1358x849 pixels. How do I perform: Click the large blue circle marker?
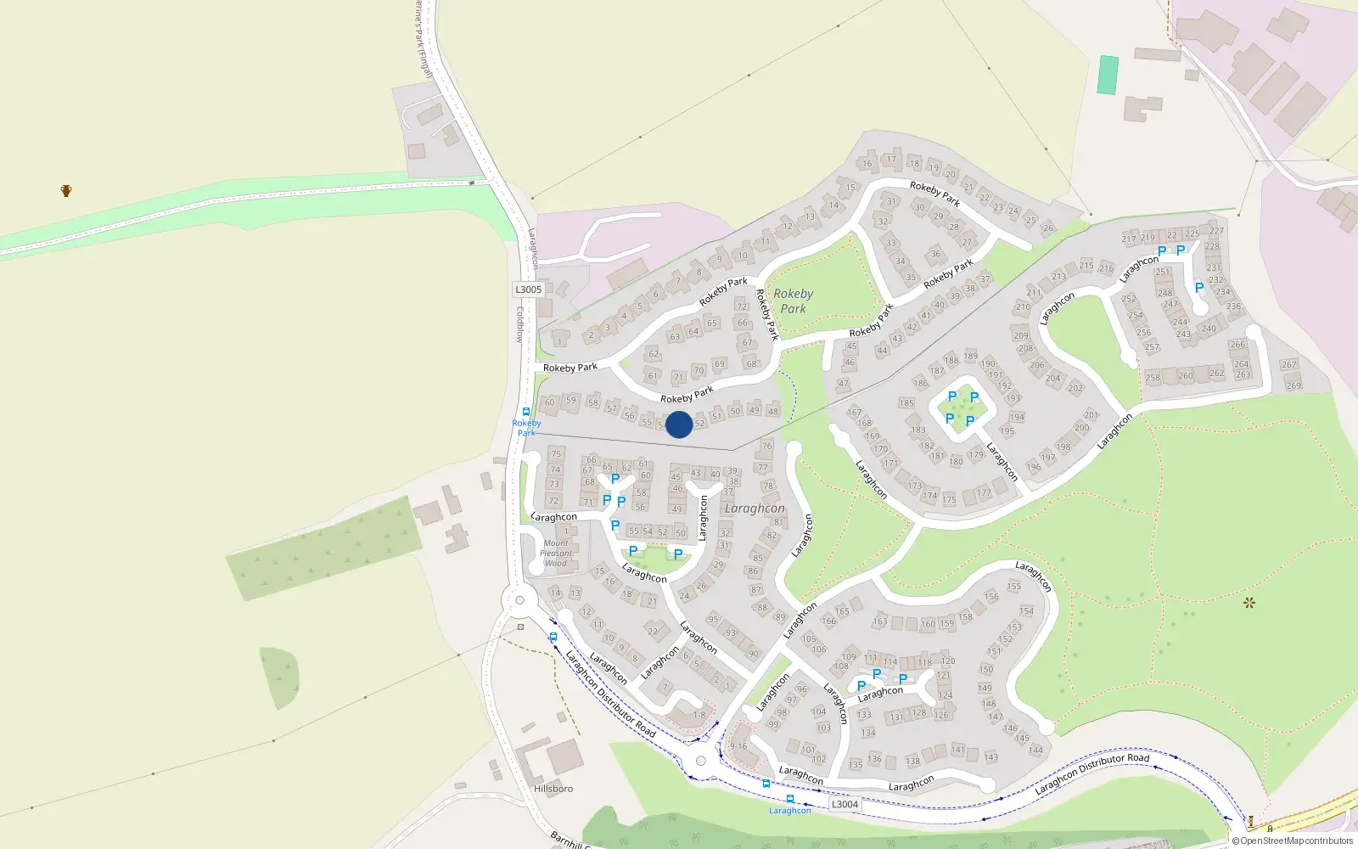pos(679,424)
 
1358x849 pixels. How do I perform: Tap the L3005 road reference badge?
pos(528,290)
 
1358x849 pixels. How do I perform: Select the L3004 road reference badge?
pos(845,804)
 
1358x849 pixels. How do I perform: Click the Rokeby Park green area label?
pos(794,301)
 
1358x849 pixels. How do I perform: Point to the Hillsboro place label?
pos(553,789)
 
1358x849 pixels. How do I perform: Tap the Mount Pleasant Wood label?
pos(556,553)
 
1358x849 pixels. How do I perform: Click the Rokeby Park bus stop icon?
pos(525,412)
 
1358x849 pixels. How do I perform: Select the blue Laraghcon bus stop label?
pos(790,811)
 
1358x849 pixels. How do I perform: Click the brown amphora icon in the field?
pos(66,190)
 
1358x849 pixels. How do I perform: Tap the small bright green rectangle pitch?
pos(1108,75)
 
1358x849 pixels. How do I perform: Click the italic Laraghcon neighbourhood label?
pos(755,509)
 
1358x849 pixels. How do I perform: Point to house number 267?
pos(1289,364)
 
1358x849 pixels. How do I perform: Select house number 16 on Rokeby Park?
pos(867,164)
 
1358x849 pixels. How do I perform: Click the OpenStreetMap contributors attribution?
pos(1293,841)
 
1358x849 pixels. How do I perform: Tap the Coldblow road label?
pos(520,324)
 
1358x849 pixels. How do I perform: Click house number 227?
pos(1217,230)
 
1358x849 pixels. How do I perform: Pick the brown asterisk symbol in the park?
pos(1249,603)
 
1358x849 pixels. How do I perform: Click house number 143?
pos(990,757)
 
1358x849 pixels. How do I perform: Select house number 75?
pos(556,453)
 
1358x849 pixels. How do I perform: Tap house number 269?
pos(1293,385)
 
